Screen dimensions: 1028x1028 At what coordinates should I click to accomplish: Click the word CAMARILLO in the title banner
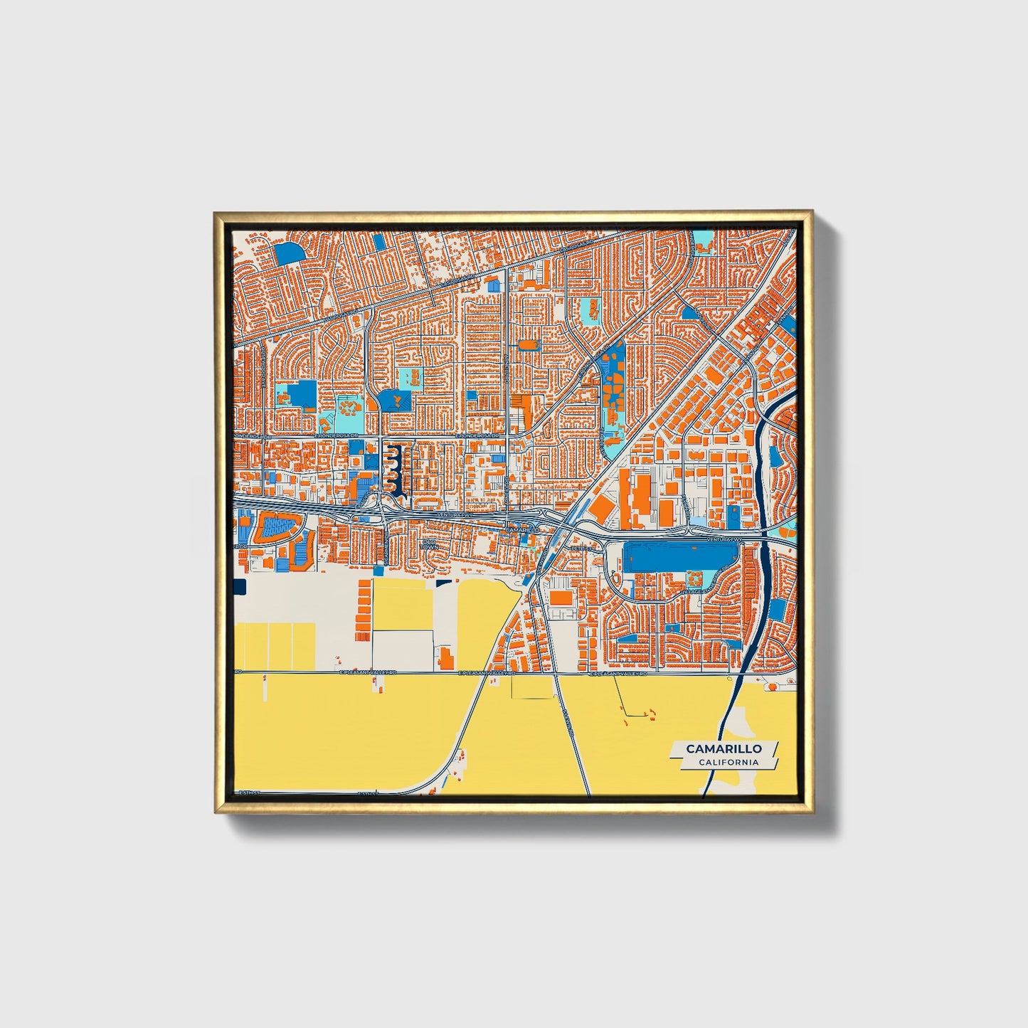pyautogui.click(x=724, y=748)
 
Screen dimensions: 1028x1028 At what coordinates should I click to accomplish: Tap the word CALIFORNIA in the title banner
pyautogui.click(x=728, y=763)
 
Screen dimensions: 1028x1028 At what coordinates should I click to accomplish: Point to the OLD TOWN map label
pyautogui.click(x=428, y=545)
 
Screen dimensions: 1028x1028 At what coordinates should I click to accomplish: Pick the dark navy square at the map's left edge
pyautogui.click(x=239, y=587)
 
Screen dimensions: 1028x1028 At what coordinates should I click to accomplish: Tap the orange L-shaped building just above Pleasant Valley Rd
pyautogui.click(x=446, y=658)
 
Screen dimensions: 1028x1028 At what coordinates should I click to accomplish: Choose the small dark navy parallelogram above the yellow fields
pyautogui.click(x=444, y=583)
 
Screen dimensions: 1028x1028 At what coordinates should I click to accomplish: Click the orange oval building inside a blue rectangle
pyautogui.click(x=528, y=345)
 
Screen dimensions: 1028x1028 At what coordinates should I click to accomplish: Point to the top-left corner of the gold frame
pyautogui.click(x=216, y=213)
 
